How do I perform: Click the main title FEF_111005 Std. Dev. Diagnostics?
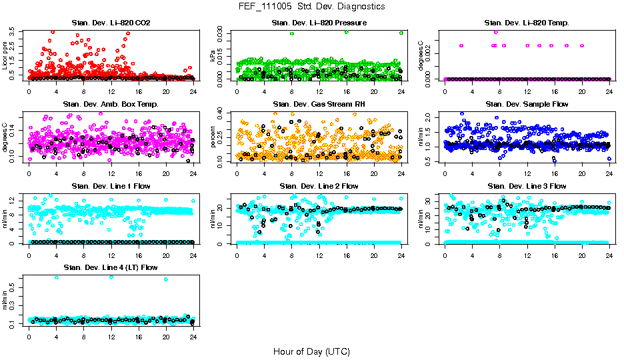(311, 7)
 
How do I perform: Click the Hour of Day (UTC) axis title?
(311, 351)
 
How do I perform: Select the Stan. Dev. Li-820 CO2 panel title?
(111, 23)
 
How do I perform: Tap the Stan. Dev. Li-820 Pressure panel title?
(319, 23)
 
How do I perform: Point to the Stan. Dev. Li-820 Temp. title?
(527, 23)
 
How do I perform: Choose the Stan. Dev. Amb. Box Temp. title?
(111, 104)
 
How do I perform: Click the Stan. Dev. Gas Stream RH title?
(319, 104)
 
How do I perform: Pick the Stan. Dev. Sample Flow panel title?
(527, 104)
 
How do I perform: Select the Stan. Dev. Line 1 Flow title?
(111, 186)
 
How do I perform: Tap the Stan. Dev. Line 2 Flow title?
(319, 186)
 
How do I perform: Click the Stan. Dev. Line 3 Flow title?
(527, 186)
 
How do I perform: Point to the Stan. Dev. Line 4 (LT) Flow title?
(111, 267)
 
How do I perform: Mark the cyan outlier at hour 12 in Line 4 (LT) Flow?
(111, 277)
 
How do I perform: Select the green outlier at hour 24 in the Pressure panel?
(401, 33)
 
